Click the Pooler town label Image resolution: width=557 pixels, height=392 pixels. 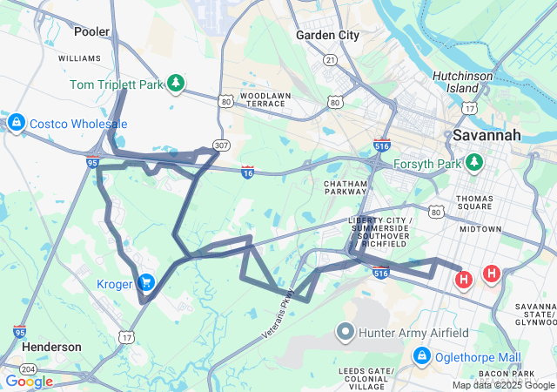(92, 31)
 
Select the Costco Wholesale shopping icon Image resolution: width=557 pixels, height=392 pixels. (15, 123)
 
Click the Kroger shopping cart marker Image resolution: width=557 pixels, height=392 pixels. (145, 282)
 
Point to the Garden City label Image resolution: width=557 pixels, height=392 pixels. (327, 36)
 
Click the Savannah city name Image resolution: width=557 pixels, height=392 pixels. (487, 135)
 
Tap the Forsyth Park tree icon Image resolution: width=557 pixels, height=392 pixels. (473, 162)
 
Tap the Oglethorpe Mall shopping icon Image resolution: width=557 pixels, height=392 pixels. (422, 356)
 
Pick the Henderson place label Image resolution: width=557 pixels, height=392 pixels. (51, 346)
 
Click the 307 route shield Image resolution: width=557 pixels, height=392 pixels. (222, 145)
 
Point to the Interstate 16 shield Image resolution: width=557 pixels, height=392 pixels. (248, 172)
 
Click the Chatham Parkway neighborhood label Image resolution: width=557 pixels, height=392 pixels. (347, 190)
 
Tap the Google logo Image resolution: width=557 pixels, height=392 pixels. (29, 381)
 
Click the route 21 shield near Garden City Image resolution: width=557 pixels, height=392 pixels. (331, 60)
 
